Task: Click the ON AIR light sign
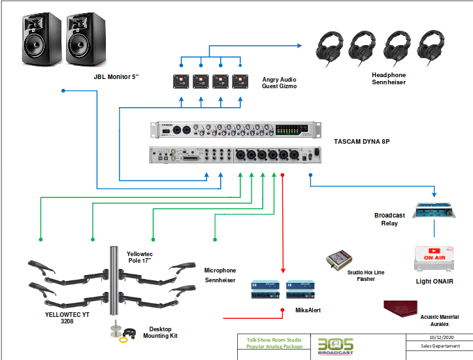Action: click(x=434, y=258)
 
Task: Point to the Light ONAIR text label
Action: click(x=434, y=282)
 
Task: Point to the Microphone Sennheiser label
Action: click(x=220, y=275)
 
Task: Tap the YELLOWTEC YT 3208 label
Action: click(x=63, y=317)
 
